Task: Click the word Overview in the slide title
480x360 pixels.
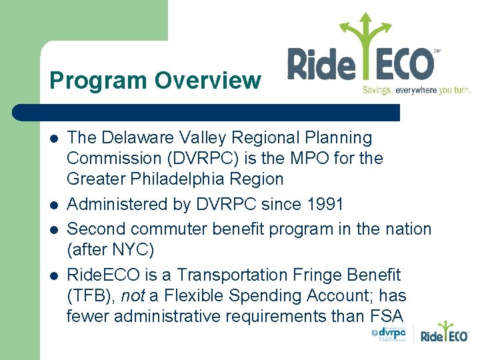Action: click(207, 81)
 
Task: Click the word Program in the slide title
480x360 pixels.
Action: click(98, 81)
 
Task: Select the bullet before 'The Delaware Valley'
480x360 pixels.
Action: click(53, 139)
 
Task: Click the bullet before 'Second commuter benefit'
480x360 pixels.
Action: click(53, 230)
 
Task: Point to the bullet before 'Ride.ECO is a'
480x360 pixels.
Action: click(53, 275)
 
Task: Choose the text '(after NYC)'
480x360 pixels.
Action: click(111, 251)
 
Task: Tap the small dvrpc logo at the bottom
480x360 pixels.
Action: click(389, 333)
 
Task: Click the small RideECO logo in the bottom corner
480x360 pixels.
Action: click(445, 334)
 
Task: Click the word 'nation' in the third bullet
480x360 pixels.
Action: click(406, 229)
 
